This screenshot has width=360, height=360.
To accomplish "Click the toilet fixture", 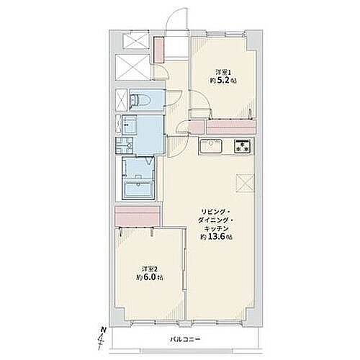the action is click(x=140, y=100).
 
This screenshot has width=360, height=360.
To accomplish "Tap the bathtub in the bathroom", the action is click(x=138, y=189).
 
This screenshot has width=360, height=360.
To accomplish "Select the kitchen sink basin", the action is click(x=211, y=145).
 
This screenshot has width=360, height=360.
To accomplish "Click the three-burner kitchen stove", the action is click(x=242, y=146).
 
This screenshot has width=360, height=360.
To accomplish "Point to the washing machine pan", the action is click(x=124, y=146).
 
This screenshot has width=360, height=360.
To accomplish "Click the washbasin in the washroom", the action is click(x=129, y=125).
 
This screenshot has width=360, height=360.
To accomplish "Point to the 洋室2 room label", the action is click(x=149, y=269).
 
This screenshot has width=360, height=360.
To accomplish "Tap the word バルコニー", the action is click(x=185, y=340).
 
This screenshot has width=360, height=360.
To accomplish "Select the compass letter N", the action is click(x=103, y=330).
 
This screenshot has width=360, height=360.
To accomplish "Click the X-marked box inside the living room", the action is click(x=245, y=184).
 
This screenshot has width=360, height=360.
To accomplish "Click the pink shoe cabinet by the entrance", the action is click(x=158, y=50).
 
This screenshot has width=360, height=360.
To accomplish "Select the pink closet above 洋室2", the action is click(x=138, y=216).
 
